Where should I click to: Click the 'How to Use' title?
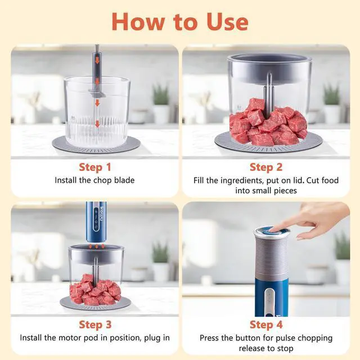pos(179,21)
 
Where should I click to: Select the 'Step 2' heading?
pos(265,167)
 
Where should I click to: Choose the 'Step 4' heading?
pos(265,325)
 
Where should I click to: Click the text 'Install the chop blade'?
pos(94,181)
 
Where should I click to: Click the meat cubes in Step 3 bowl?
pos(95,290)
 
